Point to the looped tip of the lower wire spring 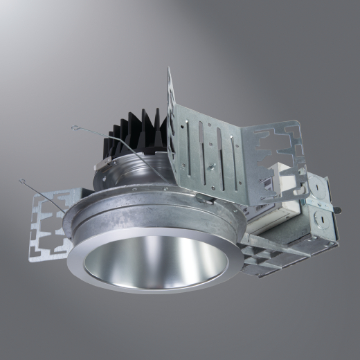pos(23,182)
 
